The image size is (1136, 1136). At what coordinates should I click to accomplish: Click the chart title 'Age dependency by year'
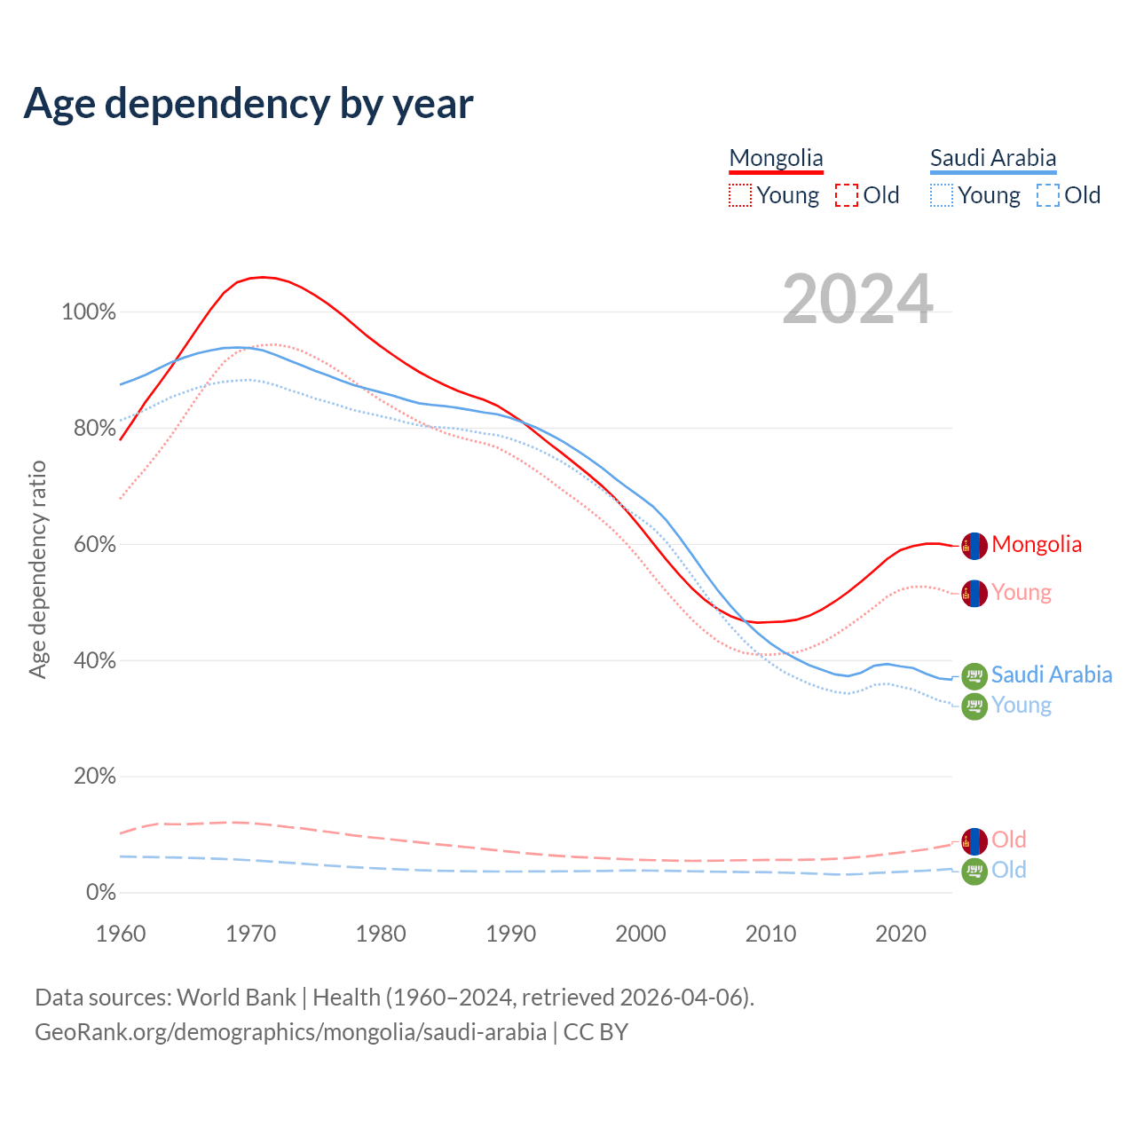pyautogui.click(x=248, y=103)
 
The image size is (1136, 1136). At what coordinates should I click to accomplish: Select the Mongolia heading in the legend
pyautogui.click(x=776, y=158)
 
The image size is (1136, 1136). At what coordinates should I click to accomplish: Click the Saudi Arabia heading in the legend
pyautogui.click(x=993, y=158)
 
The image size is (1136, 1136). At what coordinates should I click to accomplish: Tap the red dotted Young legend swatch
pyautogui.click(x=740, y=195)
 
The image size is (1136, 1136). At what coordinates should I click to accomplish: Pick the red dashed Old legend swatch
pyautogui.click(x=847, y=195)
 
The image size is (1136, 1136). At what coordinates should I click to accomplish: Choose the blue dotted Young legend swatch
pyautogui.click(x=942, y=195)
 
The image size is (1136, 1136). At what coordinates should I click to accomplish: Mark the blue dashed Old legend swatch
pyautogui.click(x=1048, y=195)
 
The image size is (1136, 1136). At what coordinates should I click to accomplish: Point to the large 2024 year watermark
pyautogui.click(x=857, y=299)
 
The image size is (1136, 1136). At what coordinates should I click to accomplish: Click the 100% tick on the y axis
pyautogui.click(x=89, y=312)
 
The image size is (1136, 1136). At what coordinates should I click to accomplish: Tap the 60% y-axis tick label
pyautogui.click(x=94, y=544)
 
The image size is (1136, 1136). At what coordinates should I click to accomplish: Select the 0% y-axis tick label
pyautogui.click(x=100, y=892)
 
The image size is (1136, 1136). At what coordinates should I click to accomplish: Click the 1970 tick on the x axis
pyautogui.click(x=250, y=934)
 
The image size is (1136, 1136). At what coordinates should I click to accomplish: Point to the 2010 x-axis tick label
pyautogui.click(x=770, y=934)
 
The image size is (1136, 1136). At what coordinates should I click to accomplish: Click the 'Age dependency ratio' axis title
pyautogui.click(x=37, y=569)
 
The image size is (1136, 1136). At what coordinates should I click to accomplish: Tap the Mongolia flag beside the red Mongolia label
pyautogui.click(x=974, y=546)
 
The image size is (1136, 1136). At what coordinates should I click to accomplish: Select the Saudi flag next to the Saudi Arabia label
pyautogui.click(x=974, y=676)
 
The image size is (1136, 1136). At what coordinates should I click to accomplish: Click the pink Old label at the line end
pyautogui.click(x=1008, y=840)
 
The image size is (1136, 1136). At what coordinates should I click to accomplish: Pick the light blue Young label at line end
pyautogui.click(x=1022, y=705)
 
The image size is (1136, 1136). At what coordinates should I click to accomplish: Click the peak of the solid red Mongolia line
pyautogui.click(x=262, y=277)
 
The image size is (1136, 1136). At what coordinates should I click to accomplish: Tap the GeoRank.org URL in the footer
pyautogui.click(x=290, y=1032)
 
